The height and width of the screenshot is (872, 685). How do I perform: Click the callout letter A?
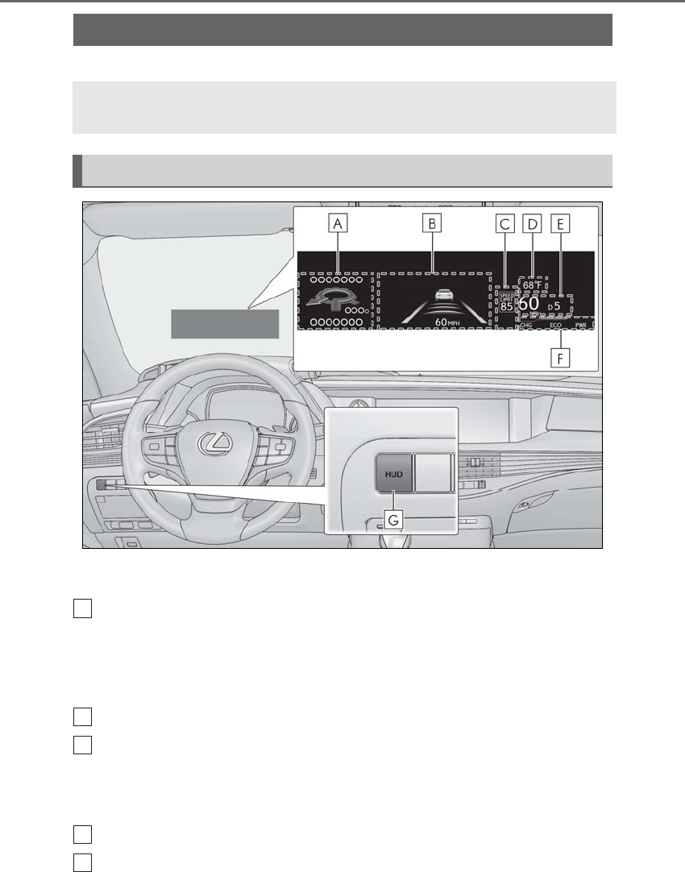pos(340,224)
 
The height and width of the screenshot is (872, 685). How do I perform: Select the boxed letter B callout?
pos(432,224)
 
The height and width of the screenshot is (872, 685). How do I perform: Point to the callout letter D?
pos(533,224)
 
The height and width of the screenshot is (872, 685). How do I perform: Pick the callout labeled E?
pos(560,224)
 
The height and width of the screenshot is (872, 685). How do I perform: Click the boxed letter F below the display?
pos(560,357)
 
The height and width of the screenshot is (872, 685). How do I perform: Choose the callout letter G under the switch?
pos(392,520)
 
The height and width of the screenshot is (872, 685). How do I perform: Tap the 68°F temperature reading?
pos(533,284)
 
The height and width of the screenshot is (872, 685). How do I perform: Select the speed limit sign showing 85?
pos(506,302)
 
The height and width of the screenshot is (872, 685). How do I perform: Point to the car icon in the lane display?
pos(441,296)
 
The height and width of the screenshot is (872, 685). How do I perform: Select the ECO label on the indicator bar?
pos(556,325)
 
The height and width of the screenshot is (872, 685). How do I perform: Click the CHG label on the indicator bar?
pos(526,325)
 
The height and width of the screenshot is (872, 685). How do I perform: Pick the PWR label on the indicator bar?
pos(581,325)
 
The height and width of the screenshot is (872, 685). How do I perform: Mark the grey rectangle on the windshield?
pos(224,323)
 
